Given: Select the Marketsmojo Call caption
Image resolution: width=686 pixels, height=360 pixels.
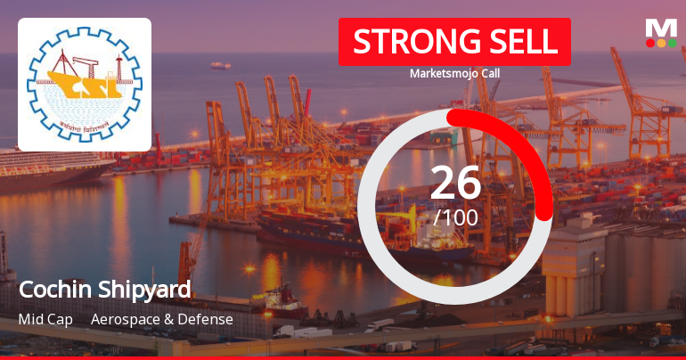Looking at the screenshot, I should [x=454, y=73].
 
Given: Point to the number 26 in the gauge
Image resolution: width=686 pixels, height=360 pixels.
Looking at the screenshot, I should [x=455, y=183].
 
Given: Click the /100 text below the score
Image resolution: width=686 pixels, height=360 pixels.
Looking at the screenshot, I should [x=455, y=217].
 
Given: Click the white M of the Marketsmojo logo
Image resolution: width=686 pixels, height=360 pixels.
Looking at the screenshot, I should [x=661, y=28].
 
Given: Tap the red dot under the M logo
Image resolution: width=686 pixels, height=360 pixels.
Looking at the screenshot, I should [x=650, y=43].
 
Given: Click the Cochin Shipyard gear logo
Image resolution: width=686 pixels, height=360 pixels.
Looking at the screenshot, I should [x=85, y=85].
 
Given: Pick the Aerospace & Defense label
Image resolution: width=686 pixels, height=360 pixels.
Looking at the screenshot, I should [x=162, y=319].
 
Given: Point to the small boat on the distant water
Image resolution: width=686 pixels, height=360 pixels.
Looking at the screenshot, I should [x=220, y=65].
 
